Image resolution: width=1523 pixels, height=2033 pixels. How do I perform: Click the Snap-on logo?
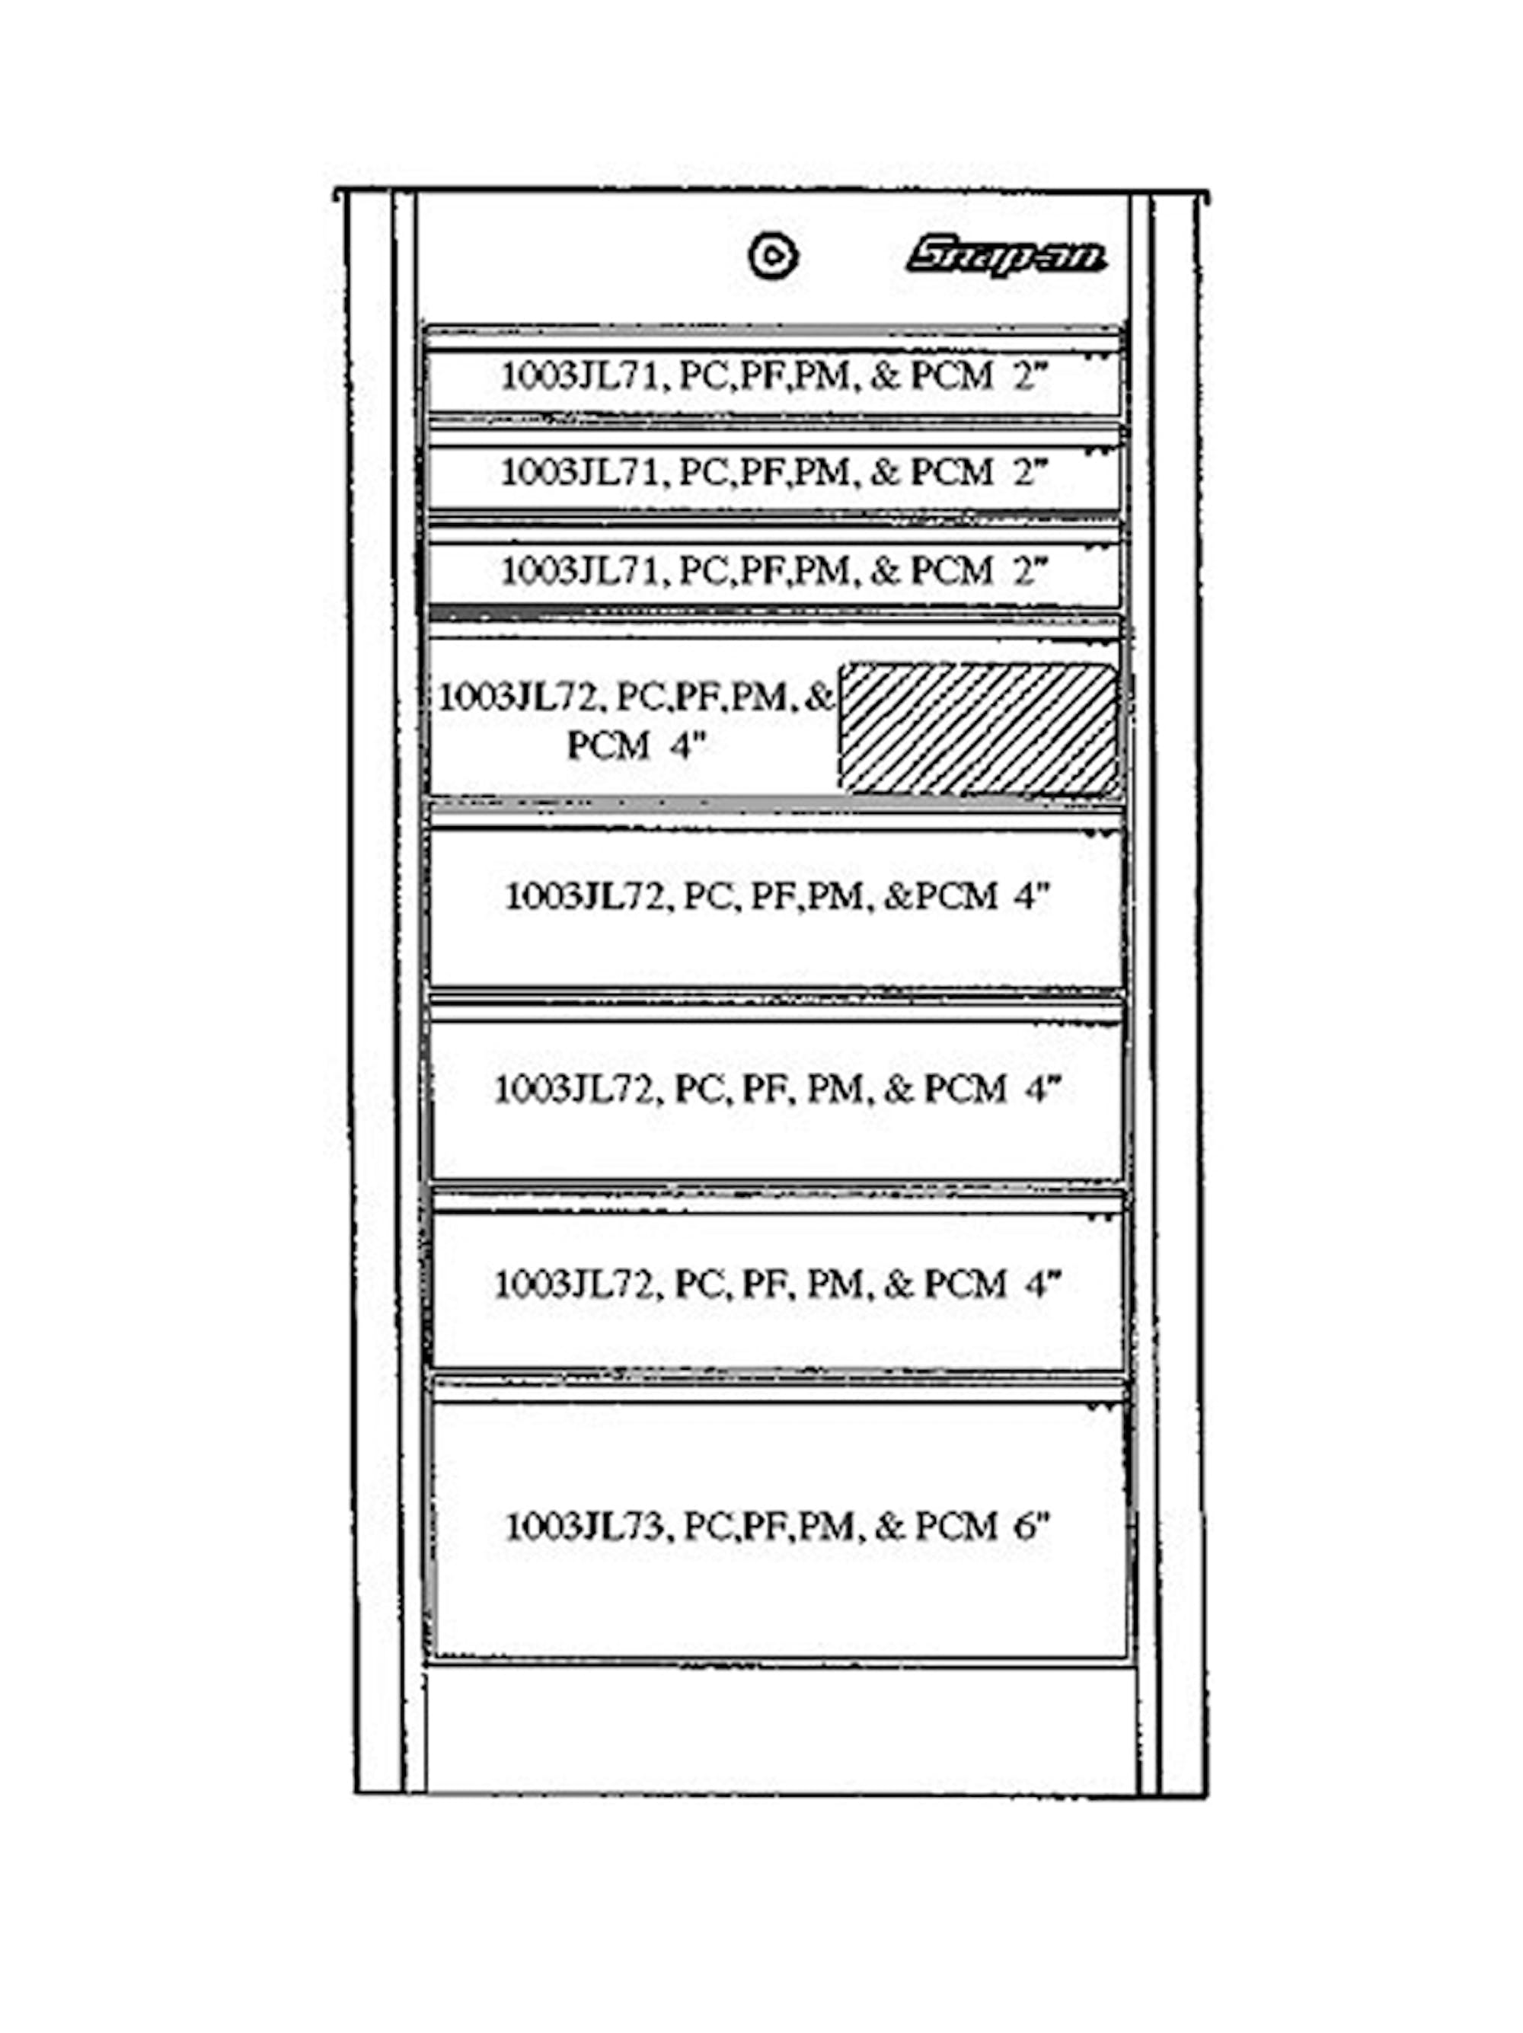tap(1005, 257)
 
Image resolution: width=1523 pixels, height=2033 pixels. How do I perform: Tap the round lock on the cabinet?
tap(772, 257)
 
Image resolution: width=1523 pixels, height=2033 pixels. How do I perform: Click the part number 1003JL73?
tap(583, 1526)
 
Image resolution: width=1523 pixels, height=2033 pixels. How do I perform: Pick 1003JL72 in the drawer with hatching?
tap(519, 697)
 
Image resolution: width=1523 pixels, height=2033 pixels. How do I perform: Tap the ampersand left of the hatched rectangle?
tap(817, 697)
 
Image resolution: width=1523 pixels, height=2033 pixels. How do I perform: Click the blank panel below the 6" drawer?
tap(780, 1728)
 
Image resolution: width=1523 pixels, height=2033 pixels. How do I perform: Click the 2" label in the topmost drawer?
tap(1030, 376)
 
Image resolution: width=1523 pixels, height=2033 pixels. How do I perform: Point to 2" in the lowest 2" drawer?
tap(1030, 571)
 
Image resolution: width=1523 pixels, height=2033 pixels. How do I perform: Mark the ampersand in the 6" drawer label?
tap(889, 1526)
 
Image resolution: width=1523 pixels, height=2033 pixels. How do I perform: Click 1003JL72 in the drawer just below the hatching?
tap(585, 895)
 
